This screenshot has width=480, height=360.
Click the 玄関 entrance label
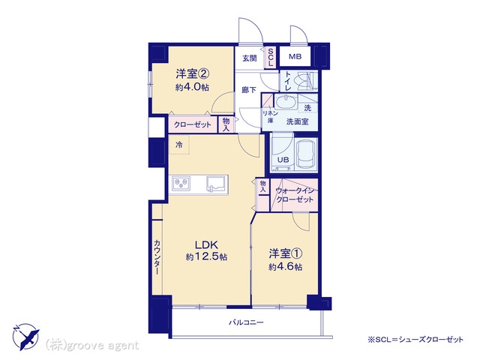pos(249,58)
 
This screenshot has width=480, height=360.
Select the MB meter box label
pos(295,57)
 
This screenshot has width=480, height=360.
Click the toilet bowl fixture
pos(303,81)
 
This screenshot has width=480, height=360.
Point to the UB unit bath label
pos(283,159)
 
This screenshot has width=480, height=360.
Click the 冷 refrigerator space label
pos(178,144)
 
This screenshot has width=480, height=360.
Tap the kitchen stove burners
pos(182,181)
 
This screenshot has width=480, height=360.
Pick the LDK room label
pos(207,244)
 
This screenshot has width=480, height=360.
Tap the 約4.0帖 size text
pos(193,87)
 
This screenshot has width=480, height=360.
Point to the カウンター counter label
pos(157,257)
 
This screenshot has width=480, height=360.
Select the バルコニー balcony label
pos(247,322)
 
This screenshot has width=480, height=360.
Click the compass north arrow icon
pos(25,334)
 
